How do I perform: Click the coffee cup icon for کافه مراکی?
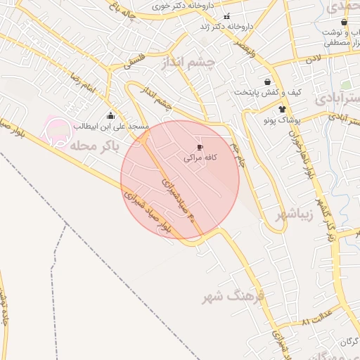(200, 147)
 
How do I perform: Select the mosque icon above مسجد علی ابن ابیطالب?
(110, 117)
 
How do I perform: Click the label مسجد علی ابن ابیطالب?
(110, 127)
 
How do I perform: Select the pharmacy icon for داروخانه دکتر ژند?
(226, 16)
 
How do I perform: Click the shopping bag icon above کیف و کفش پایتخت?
(267, 82)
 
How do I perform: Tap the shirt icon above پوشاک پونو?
(282, 109)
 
